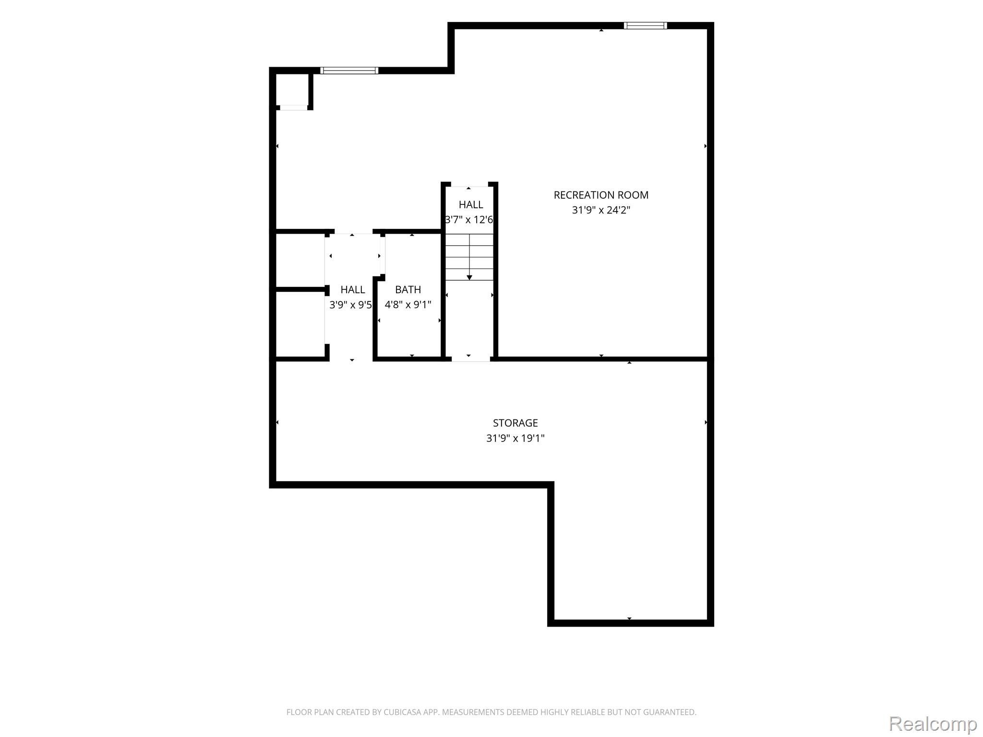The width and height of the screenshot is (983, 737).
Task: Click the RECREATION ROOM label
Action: click(x=601, y=195)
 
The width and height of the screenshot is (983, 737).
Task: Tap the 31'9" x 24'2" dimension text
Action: click(x=601, y=210)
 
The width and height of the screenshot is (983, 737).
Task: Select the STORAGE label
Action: click(x=515, y=423)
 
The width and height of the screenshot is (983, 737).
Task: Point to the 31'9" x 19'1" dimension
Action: click(x=515, y=438)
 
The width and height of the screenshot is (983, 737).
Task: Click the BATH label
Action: click(x=408, y=290)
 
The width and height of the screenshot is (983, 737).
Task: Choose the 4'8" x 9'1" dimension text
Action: click(x=408, y=305)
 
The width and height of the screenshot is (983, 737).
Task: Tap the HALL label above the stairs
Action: click(x=471, y=205)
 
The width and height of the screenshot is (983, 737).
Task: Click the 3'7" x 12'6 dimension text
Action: click(x=469, y=220)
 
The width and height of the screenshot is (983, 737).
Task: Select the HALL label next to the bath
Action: click(x=353, y=290)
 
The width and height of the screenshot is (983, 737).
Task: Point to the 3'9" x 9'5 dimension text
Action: click(x=351, y=305)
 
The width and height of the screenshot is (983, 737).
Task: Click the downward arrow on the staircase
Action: click(x=469, y=257)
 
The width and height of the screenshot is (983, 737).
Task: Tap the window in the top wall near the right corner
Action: click(x=645, y=25)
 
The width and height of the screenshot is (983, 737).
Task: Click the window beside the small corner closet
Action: click(x=349, y=71)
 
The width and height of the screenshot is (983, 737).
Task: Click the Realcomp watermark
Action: click(x=933, y=723)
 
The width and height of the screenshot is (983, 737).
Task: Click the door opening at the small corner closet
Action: click(x=294, y=108)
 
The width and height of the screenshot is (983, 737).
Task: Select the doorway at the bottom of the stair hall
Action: click(x=470, y=358)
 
